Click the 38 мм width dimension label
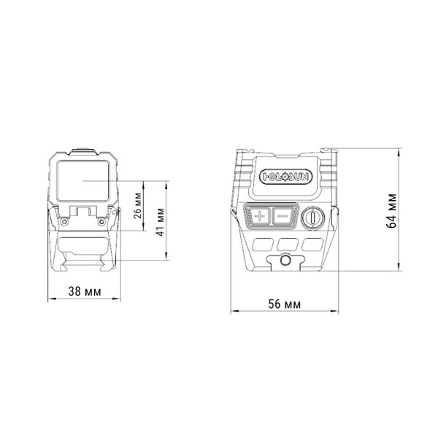click(x=84, y=291)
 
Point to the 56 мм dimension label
click(x=283, y=304)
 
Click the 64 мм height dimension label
click(x=392, y=210)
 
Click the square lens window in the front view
click(x=82, y=180)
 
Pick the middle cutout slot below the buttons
click(x=286, y=243)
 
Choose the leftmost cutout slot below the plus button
click(x=261, y=243)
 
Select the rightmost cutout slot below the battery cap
click(x=313, y=243)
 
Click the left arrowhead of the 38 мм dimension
click(x=48, y=299)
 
